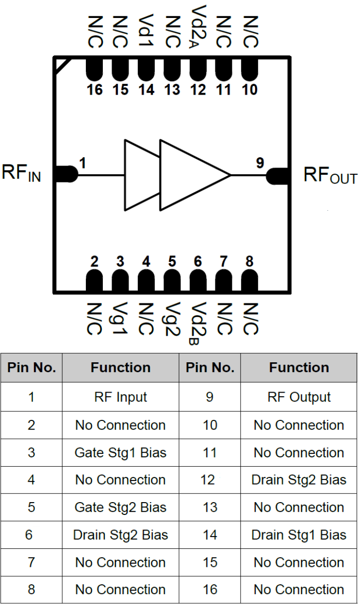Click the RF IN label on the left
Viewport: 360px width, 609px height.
[21, 173]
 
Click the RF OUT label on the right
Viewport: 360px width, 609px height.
[330, 175]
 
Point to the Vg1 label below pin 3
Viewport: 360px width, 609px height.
[120, 319]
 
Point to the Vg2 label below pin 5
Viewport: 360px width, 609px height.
[172, 319]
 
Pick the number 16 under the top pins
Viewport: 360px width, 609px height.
[94, 90]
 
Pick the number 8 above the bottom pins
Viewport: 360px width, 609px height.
[249, 262]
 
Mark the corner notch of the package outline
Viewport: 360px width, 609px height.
[61, 64]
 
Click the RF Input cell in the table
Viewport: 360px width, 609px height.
[120, 397]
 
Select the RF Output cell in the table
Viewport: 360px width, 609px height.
[299, 397]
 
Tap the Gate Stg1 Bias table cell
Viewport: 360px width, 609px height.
[120, 453]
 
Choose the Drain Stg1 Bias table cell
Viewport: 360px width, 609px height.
[299, 535]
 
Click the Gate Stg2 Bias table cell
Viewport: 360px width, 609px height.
[120, 508]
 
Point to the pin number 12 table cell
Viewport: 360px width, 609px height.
[210, 480]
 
